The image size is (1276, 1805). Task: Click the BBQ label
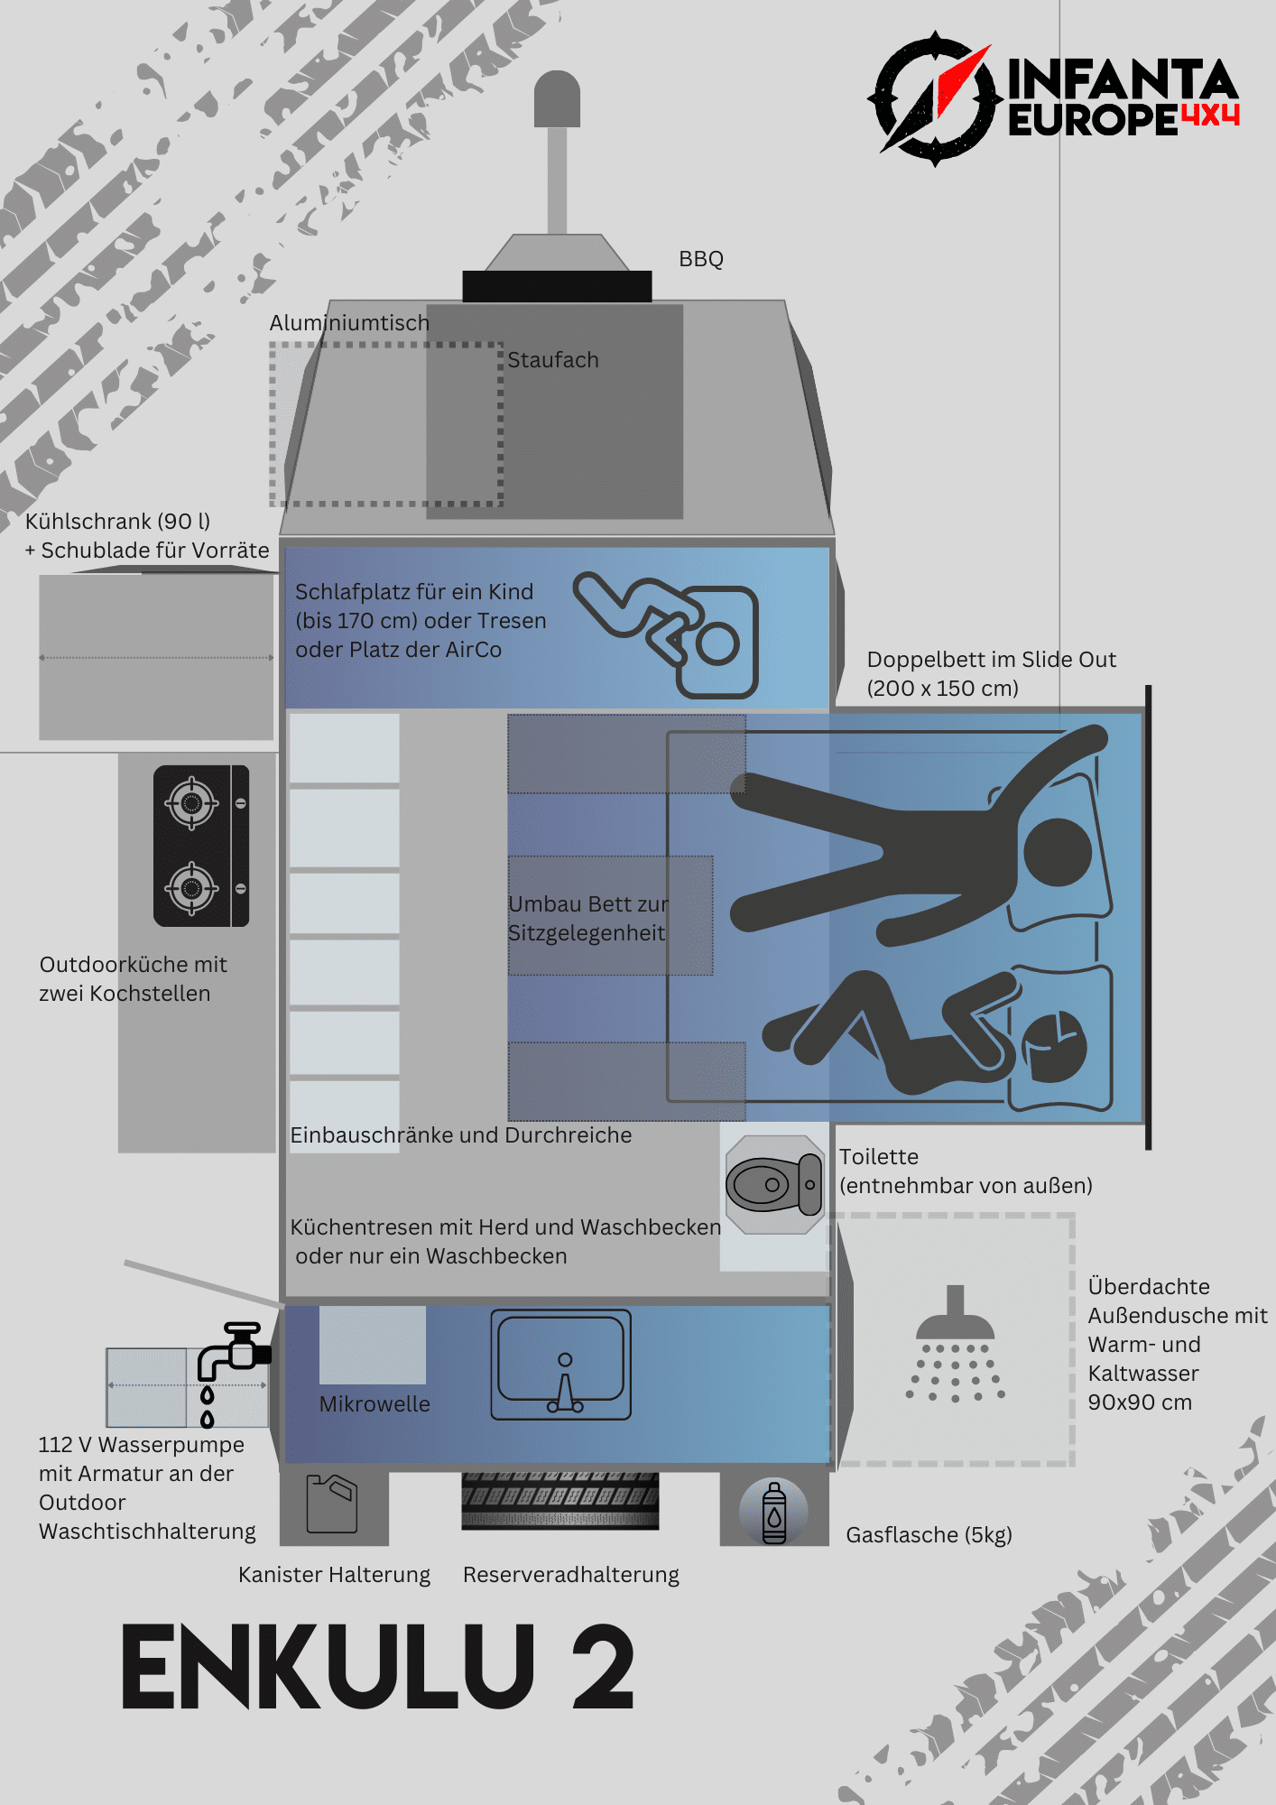(x=701, y=259)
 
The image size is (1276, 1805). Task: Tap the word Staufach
(x=552, y=360)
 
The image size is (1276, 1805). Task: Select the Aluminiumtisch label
(x=349, y=323)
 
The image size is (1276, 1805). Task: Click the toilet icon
(x=774, y=1184)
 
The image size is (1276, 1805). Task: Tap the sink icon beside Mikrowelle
(x=560, y=1365)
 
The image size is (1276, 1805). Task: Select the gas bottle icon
(x=774, y=1512)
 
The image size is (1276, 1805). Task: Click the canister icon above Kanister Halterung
(x=332, y=1504)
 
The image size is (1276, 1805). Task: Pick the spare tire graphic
(x=560, y=1500)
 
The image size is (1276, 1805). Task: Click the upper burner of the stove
(x=191, y=802)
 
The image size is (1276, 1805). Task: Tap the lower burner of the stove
(x=191, y=888)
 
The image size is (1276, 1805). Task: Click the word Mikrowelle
(x=374, y=1404)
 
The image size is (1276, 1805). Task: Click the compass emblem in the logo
(x=934, y=98)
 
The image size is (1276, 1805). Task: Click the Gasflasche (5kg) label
(x=929, y=1535)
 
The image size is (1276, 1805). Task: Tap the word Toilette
(x=879, y=1157)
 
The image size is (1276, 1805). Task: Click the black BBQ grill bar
(x=557, y=286)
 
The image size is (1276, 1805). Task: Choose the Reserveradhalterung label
(x=570, y=1575)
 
